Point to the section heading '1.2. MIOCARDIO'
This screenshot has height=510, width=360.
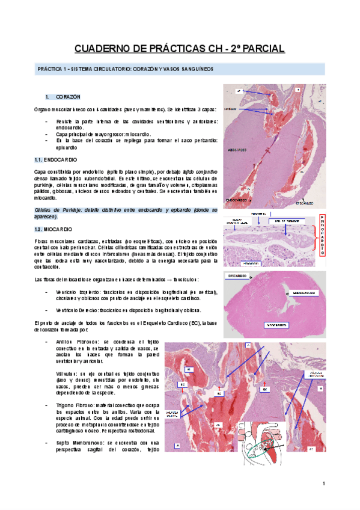click(x=53, y=230)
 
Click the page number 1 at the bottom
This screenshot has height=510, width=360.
click(x=323, y=484)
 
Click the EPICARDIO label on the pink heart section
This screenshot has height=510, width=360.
click(x=239, y=276)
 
